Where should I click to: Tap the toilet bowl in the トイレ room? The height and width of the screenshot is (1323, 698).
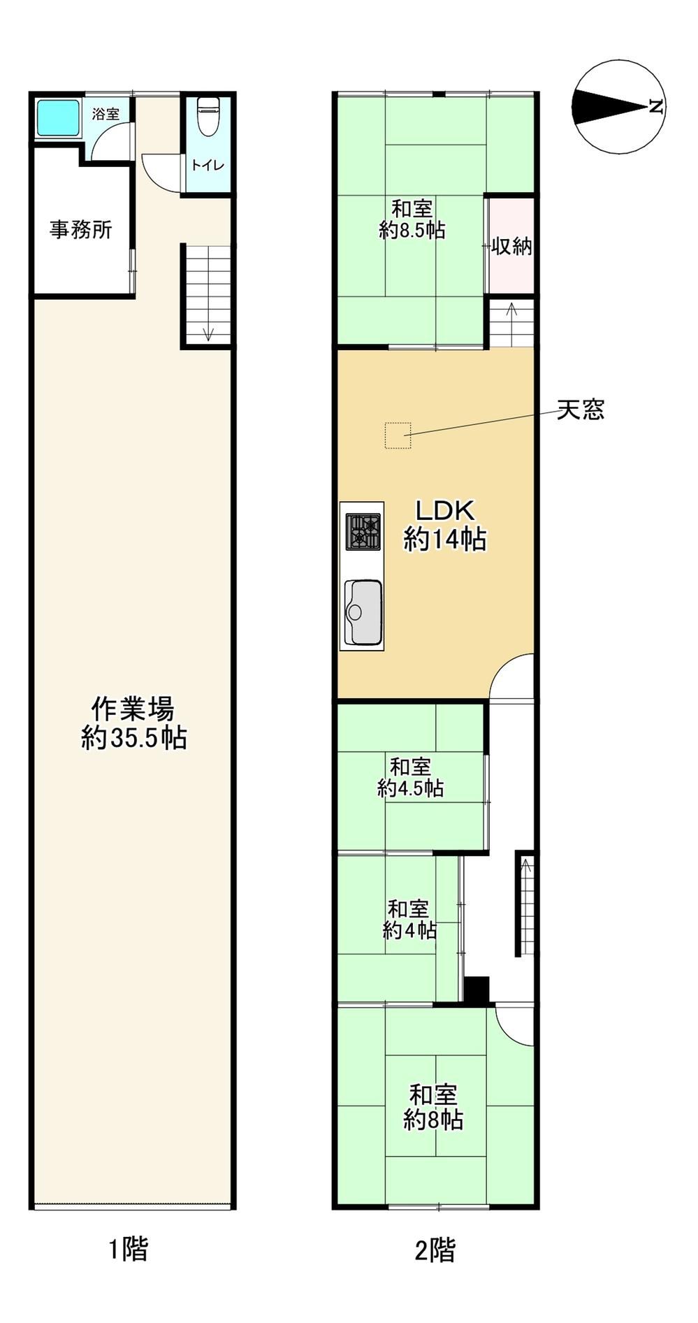[208, 116]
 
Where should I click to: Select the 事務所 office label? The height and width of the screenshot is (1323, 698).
[81, 229]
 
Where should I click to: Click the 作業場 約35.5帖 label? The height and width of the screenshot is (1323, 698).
[133, 723]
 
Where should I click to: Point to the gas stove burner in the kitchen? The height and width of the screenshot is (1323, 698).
[363, 532]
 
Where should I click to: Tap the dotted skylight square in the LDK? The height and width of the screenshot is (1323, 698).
[398, 435]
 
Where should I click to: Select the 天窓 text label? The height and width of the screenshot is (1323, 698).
[581, 410]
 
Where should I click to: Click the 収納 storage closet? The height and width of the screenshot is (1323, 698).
[511, 246]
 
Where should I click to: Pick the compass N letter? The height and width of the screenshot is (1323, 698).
[655, 107]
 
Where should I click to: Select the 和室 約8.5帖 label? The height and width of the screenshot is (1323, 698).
[412, 219]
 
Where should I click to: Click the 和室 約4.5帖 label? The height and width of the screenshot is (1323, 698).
[411, 777]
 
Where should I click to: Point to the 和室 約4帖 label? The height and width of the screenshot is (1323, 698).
[409, 920]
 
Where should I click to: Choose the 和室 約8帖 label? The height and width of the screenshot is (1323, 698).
[434, 1107]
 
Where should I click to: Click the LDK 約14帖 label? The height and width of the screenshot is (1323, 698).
[445, 526]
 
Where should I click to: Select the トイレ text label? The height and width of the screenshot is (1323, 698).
[208, 166]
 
